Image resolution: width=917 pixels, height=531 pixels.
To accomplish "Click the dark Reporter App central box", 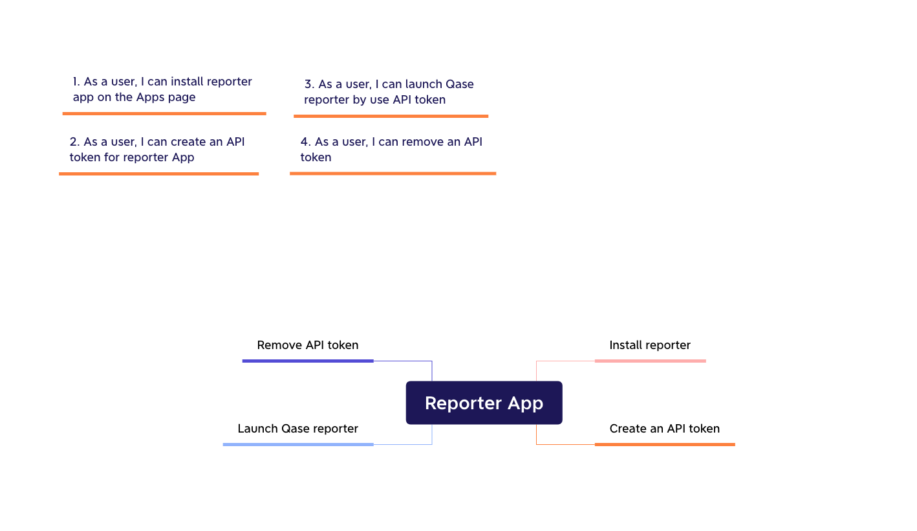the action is point(484,403).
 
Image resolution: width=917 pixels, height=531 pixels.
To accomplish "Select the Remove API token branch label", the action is point(307,345).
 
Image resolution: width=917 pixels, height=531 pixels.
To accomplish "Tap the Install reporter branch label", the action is point(650,345).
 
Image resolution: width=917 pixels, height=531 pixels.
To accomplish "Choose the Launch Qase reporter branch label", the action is point(297,429).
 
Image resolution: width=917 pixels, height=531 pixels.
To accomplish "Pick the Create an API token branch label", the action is point(664,429).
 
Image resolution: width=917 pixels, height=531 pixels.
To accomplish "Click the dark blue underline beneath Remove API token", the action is point(308,361).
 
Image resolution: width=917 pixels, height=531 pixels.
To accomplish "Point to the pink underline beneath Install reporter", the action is point(650,361).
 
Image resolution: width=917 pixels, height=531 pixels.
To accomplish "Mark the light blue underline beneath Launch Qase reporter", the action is point(298,444).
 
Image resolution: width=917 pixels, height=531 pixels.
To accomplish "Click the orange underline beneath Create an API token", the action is point(665,444).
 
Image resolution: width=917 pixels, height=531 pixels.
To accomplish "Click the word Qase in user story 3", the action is point(459,84).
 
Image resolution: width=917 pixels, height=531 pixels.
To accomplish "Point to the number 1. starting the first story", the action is point(76,82).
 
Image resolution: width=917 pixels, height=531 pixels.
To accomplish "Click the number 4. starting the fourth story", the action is point(306,142).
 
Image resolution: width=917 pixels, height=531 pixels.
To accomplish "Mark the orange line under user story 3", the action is point(391,116).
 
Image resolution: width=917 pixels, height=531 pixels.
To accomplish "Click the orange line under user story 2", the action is point(159,174).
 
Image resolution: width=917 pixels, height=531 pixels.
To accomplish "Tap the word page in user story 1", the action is point(182,98).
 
